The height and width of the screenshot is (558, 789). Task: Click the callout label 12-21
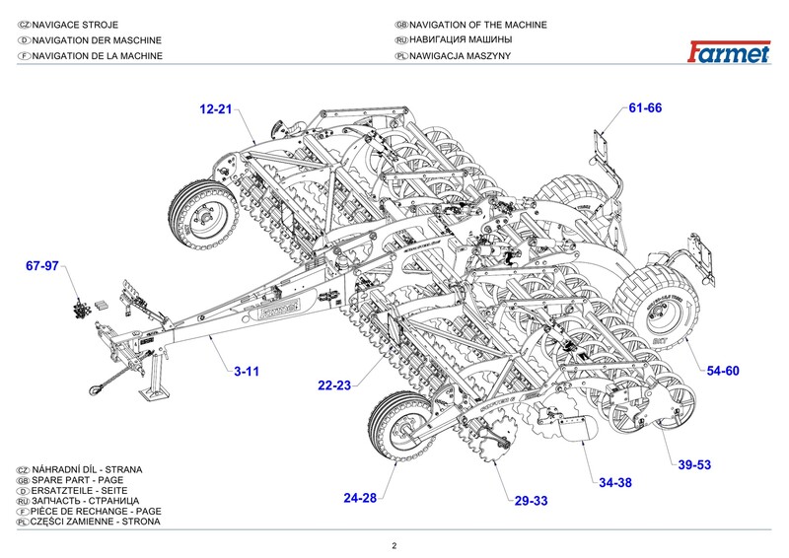click(x=215, y=108)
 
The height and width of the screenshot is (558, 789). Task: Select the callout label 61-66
click(x=645, y=108)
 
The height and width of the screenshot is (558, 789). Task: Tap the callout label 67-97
click(x=42, y=267)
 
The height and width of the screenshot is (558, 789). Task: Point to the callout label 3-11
click(x=247, y=372)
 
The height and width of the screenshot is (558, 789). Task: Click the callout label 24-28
click(x=360, y=498)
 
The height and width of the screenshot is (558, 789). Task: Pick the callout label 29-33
click(x=531, y=501)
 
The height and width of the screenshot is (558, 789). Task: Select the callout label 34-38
click(x=615, y=483)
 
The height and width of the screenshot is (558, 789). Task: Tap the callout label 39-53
click(x=694, y=464)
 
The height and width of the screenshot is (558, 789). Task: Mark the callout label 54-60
click(x=723, y=371)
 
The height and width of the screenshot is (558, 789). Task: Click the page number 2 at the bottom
click(x=394, y=546)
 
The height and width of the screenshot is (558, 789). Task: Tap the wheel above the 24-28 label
click(x=400, y=427)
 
